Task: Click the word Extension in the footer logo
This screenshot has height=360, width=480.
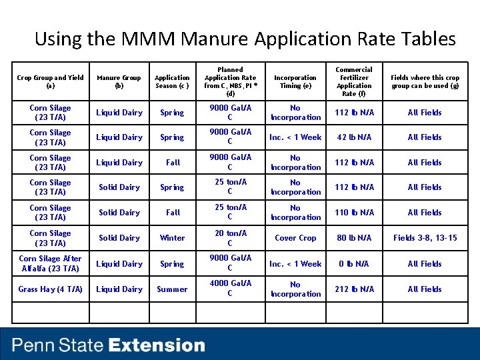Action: [157, 345]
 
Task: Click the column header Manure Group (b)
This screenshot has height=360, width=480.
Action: [119, 82]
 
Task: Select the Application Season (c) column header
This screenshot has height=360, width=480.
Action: [172, 82]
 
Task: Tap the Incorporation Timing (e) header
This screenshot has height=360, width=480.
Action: [295, 82]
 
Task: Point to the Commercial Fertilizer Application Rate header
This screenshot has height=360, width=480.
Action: [354, 81]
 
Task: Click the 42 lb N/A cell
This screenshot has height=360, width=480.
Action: [354, 137]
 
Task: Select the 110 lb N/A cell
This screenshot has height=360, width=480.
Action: [354, 213]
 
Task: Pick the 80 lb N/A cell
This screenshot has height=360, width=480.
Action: [354, 238]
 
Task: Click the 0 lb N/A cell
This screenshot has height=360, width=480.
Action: [354, 264]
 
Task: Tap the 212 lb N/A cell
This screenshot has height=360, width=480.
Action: [354, 289]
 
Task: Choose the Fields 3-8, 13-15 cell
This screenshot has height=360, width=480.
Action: [425, 238]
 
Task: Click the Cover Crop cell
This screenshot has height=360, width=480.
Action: [295, 238]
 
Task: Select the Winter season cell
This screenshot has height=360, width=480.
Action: [172, 238]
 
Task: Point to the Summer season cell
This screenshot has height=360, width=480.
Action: [172, 289]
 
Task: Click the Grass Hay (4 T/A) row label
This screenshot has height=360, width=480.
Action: [51, 289]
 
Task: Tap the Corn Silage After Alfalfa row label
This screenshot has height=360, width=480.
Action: [51, 264]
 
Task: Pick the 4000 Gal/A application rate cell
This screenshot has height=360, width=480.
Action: [230, 289]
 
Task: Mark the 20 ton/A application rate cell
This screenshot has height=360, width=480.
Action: [230, 238]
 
